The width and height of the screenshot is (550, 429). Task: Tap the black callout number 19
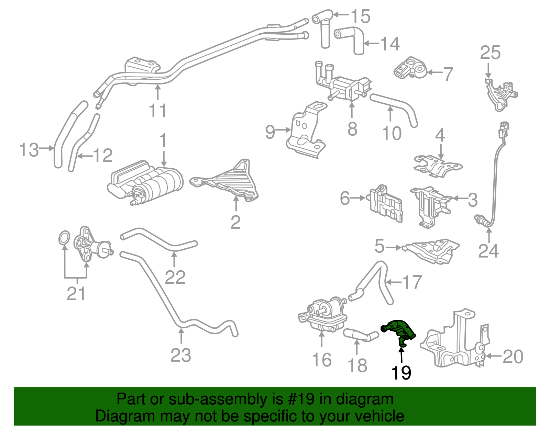coord(401,373)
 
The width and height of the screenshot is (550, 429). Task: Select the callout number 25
coord(490,53)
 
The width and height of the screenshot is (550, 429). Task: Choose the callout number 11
coord(158,111)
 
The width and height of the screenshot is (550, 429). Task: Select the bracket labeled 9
coord(306,132)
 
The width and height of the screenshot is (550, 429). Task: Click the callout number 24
coord(488,251)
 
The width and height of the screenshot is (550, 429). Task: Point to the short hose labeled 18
coord(357,335)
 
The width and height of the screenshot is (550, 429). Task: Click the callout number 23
coord(181,355)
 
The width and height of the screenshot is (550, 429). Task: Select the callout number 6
coord(344,198)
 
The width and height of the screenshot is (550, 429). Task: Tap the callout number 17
coord(412,282)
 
